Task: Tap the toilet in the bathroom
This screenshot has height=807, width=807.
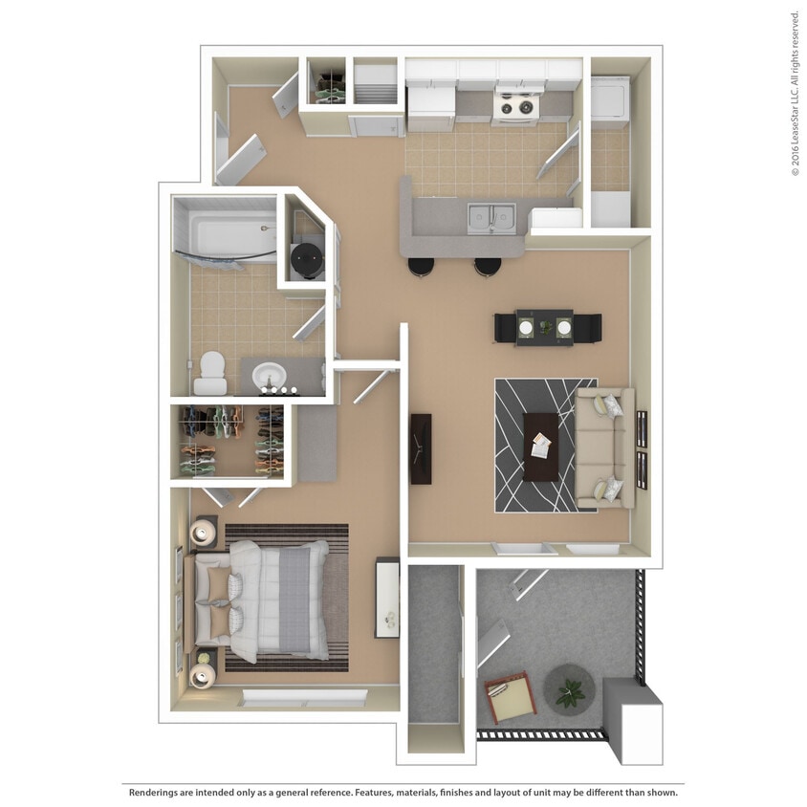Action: (210, 373)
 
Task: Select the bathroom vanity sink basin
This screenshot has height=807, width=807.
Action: (272, 376)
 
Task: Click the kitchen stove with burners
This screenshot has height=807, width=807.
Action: (517, 104)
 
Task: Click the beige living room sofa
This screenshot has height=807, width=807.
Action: (602, 446)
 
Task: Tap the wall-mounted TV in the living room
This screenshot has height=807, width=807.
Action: (421, 447)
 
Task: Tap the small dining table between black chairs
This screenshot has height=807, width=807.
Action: (547, 328)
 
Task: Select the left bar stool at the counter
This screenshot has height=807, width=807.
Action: (421, 267)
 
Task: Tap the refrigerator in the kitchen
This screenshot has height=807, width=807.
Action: (430, 106)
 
